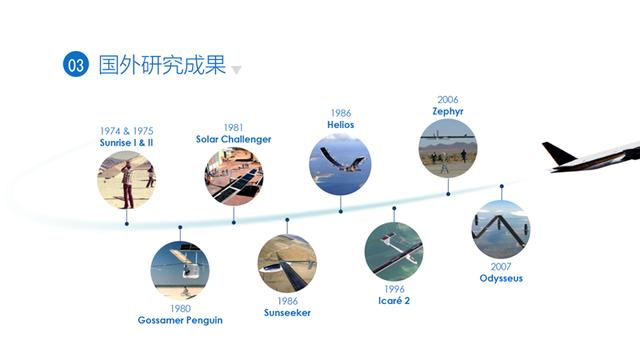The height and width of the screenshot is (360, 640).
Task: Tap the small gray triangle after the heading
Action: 236,70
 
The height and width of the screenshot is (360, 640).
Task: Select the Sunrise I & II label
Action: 127,143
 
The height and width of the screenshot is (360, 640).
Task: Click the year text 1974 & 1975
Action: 127,131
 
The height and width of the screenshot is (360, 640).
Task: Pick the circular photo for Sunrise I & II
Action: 127,180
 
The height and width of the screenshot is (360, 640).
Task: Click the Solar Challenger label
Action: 233,139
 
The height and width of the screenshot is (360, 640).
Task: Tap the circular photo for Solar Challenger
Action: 233,176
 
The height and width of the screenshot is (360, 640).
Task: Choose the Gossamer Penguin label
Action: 180,320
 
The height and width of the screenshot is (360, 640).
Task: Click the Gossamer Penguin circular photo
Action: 180,270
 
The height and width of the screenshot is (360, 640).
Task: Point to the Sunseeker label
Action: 287,313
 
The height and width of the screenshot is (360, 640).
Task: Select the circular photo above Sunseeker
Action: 287,263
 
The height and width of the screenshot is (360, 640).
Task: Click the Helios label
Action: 340,125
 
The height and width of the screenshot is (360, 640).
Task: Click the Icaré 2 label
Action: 394,300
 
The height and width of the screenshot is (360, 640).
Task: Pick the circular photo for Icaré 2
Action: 394,250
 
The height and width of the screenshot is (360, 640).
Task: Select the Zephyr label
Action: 448,111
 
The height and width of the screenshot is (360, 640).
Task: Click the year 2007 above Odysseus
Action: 501,266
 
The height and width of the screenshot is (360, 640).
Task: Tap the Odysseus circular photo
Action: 501,229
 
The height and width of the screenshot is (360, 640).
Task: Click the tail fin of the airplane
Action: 558,153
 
